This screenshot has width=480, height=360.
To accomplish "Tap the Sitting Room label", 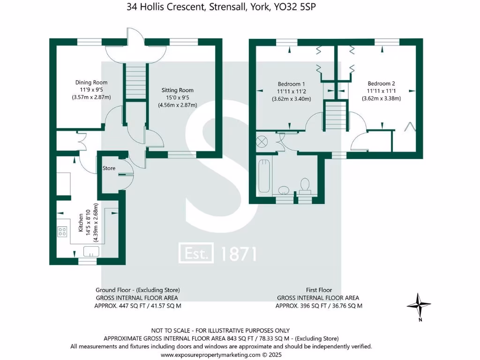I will pyautogui.click(x=177, y=90).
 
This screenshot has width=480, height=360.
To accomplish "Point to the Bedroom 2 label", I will pyautogui.click(x=381, y=83).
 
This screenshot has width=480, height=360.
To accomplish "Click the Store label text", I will pyautogui.click(x=109, y=168).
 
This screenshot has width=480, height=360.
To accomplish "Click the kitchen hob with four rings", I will pyautogui.click(x=62, y=231).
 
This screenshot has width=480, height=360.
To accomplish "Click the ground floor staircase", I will pyautogui.click(x=135, y=82).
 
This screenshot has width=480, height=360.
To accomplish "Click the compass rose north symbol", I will pyautogui.click(x=419, y=306).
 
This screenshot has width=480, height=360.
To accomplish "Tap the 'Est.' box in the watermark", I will pyautogui.click(x=196, y=254).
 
